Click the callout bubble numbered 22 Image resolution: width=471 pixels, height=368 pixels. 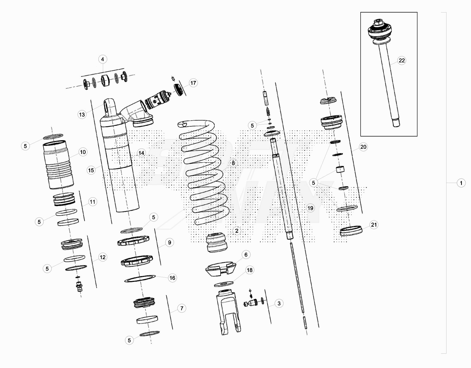point(402,61)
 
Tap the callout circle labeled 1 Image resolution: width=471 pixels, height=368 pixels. point(461,183)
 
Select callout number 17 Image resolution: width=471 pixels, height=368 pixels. point(193,83)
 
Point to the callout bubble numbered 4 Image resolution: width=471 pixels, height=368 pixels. point(103,59)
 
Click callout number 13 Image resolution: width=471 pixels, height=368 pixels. point(82,114)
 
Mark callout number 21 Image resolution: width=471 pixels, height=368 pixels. point(374,225)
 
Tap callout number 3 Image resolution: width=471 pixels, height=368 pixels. point(279,303)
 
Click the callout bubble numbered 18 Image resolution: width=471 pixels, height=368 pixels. point(250,270)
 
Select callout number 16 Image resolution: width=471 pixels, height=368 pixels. point(172,278)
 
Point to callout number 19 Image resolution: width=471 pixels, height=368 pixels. point(310,208)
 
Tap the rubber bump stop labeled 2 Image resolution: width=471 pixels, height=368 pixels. point(216,243)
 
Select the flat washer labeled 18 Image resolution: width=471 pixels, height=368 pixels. point(224,284)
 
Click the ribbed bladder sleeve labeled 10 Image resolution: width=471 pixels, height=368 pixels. point(58,164)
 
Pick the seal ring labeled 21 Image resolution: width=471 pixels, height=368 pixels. point(351,231)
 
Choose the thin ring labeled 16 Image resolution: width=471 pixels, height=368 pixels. point(140,278)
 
